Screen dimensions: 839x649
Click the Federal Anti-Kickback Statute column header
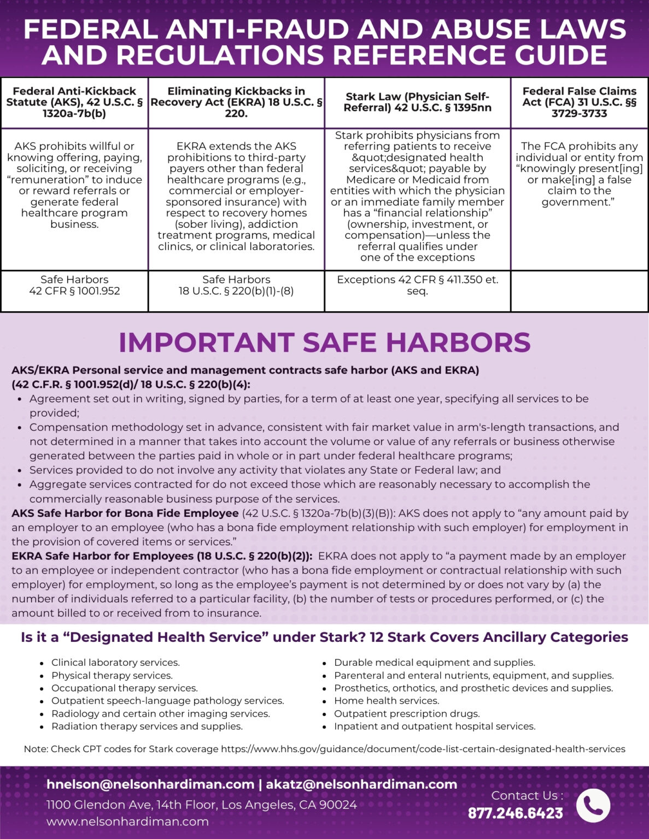click(74, 102)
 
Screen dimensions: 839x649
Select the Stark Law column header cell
click(417, 102)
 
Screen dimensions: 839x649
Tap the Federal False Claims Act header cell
click(579, 102)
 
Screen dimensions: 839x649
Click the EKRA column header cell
click(236, 102)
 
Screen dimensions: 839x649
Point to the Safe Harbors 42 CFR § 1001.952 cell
click(74, 285)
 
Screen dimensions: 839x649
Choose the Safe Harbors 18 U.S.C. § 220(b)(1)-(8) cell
click(236, 285)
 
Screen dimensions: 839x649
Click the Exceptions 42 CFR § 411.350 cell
click(417, 285)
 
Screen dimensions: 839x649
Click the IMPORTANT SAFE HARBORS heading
click(324, 342)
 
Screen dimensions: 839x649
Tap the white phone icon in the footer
click(593, 805)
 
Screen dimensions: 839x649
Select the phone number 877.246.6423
click(515, 813)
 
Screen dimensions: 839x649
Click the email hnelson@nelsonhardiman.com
click(150, 784)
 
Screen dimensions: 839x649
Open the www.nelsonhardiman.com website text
click(127, 822)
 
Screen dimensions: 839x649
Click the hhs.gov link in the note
click(423, 749)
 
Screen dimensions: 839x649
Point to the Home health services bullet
click(387, 701)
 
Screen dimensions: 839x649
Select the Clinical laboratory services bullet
click(115, 663)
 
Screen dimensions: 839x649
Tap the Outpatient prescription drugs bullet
click(407, 713)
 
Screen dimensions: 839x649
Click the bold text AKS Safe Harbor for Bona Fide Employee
click(125, 513)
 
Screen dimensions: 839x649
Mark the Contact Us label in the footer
click(527, 795)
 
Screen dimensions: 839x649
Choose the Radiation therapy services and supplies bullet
click(147, 726)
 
